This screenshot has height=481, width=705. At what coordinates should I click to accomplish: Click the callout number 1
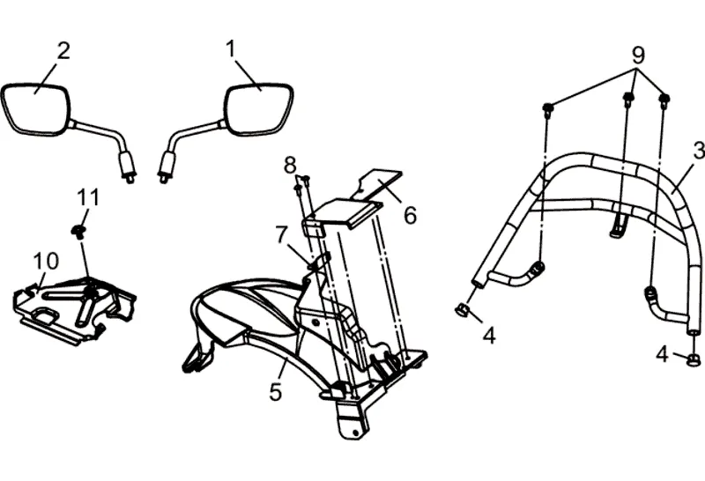coord(232,48)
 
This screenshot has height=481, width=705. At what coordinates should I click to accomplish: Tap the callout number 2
coord(63,50)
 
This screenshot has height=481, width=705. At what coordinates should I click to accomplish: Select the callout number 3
coord(698,149)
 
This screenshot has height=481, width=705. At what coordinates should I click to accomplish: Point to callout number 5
coord(276,391)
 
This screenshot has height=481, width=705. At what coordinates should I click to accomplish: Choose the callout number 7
coord(281,234)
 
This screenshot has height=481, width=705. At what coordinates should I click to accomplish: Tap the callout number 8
coord(290,164)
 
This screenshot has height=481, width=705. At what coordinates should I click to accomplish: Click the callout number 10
coord(46,261)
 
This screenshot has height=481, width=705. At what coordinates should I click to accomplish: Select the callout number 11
coord(88,197)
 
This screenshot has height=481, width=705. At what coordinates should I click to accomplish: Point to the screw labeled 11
coord(78,231)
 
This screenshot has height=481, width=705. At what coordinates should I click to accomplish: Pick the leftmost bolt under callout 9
coord(547,109)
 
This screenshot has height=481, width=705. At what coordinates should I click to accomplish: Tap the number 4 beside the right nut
coord(663,355)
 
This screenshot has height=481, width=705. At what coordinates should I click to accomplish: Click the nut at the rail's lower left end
coord(461,309)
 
